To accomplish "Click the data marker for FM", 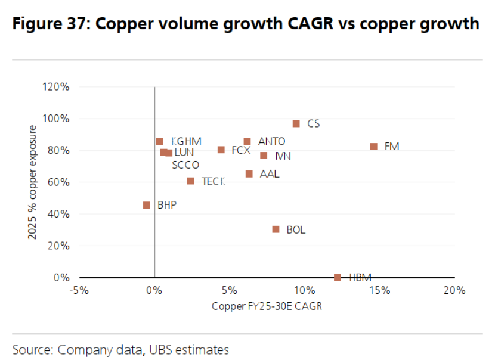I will click(x=374, y=147).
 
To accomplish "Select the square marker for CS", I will click(x=296, y=124).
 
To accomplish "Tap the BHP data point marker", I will click(x=147, y=205).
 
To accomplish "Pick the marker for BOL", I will click(x=276, y=229).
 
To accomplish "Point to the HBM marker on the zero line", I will click(x=338, y=277).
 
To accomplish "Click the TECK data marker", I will click(x=190, y=181).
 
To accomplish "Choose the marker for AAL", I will click(x=249, y=174).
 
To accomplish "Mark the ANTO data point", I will click(x=247, y=142).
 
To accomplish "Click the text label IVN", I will click(x=283, y=156).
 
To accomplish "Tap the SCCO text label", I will click(x=185, y=165).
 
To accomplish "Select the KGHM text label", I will click(x=186, y=141).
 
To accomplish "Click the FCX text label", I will click(x=241, y=150).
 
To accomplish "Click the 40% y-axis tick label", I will click(x=59, y=214).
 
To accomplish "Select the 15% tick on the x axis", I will click(x=379, y=290).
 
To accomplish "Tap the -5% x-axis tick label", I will click(x=79, y=290).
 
